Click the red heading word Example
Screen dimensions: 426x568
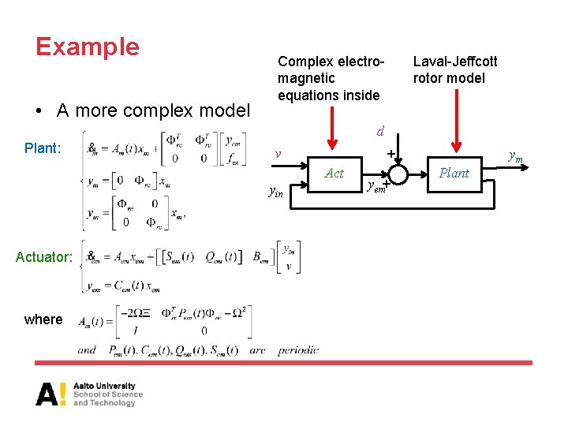tap(88, 47)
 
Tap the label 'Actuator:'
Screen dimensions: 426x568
tap(44, 256)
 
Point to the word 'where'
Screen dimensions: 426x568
tap(43, 319)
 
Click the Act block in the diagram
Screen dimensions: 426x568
tap(334, 173)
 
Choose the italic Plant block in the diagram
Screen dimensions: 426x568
tap(454, 173)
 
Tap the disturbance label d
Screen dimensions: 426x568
tap(379, 130)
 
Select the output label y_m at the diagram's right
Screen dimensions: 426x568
tap(515, 157)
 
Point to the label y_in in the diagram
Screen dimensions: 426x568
tap(275, 191)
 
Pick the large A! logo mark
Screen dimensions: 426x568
tap(51, 393)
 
